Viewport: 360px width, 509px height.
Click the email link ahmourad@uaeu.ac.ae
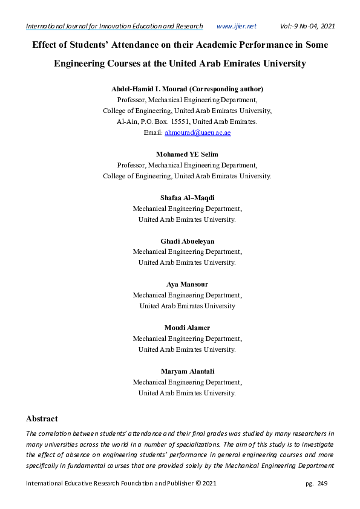pyautogui.click(x=198, y=132)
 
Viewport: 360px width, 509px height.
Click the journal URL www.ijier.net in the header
pyautogui.click(x=236, y=26)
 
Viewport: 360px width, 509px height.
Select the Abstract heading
pyautogui.click(x=42, y=418)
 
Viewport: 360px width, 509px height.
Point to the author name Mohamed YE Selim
pyautogui.click(x=187, y=154)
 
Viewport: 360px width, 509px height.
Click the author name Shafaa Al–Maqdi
pyautogui.click(x=187, y=198)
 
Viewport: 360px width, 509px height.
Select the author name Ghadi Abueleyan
pyautogui.click(x=187, y=241)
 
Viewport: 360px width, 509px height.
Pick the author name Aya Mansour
pyautogui.click(x=187, y=284)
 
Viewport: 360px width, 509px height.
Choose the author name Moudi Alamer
pyautogui.click(x=187, y=328)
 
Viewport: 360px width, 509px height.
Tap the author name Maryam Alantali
pyautogui.click(x=187, y=371)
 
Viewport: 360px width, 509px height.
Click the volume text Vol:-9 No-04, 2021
pyautogui.click(x=307, y=26)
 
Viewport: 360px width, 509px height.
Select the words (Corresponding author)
pyautogui.click(x=233, y=89)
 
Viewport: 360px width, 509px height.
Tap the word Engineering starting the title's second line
pyautogui.click(x=82, y=63)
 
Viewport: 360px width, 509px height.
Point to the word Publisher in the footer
pyautogui.click(x=175, y=484)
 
